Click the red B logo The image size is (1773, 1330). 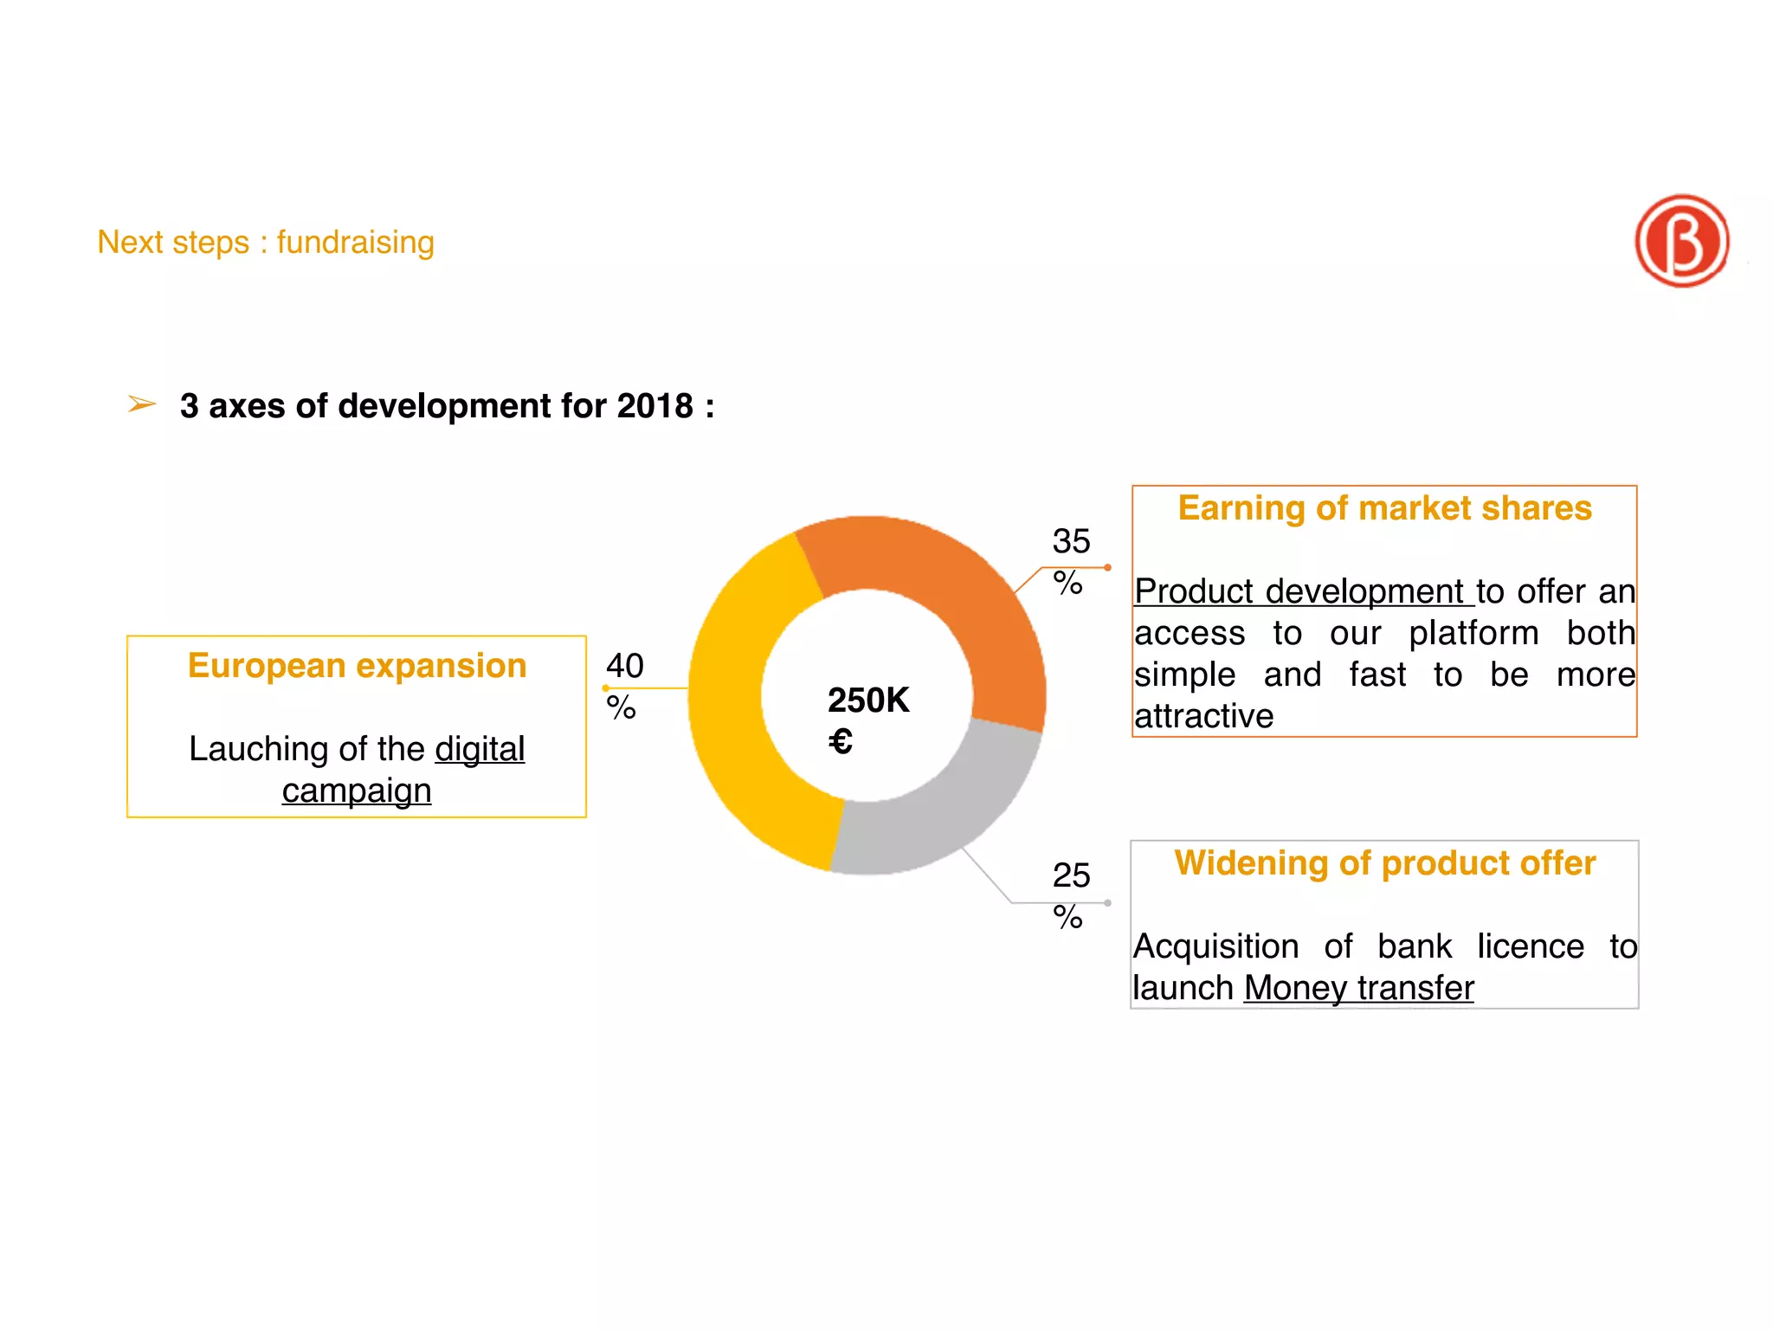pos(1681,241)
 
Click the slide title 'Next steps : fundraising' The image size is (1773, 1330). pos(265,242)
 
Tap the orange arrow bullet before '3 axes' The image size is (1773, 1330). pos(142,404)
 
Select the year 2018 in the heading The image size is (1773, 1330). pos(654,406)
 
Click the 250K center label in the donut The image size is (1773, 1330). pos(868,700)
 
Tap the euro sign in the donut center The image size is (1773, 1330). pos(840,741)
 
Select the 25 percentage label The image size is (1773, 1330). pos(1070,894)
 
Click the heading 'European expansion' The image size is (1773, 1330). pos(357,666)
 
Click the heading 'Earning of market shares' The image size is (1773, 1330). pos(1384,508)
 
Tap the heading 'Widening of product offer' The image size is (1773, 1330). pos(1384,863)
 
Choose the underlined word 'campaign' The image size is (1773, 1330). pos(356,791)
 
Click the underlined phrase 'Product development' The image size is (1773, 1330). pos(1302,591)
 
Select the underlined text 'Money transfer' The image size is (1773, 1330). pos(1358,988)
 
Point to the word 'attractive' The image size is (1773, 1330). pos(1203,716)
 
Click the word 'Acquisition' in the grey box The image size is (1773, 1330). pos(1215,946)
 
